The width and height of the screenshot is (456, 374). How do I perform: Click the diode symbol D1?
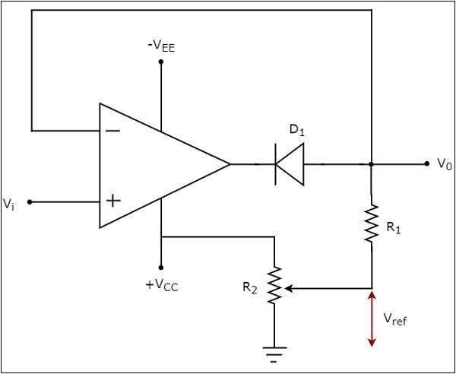(x=290, y=163)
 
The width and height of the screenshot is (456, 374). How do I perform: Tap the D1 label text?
(x=297, y=131)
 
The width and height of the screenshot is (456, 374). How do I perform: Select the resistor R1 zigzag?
(x=372, y=223)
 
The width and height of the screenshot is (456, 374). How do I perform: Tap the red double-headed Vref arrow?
(x=372, y=319)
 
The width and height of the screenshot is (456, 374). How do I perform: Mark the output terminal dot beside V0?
(x=428, y=163)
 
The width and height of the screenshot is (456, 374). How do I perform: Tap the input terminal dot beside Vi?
(x=29, y=201)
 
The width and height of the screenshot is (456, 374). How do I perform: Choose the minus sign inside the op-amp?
(x=112, y=130)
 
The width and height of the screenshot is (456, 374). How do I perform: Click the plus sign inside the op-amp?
(x=112, y=201)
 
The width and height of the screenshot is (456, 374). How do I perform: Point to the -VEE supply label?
(x=161, y=45)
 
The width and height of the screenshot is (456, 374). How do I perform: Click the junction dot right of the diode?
(x=372, y=163)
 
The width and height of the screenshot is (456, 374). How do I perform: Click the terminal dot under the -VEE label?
(x=160, y=61)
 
